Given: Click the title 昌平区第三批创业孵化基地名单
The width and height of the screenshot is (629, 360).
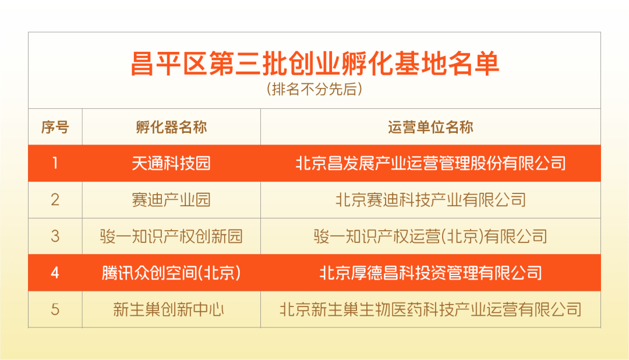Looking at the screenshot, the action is (x=315, y=64).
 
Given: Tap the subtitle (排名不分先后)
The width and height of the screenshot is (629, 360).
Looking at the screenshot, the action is (x=314, y=89).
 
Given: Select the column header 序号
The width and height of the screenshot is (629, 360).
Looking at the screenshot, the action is (x=55, y=127).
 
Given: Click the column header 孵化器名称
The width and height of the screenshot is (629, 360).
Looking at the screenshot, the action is (x=171, y=127).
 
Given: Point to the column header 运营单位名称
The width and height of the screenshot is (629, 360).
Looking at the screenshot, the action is (x=430, y=127).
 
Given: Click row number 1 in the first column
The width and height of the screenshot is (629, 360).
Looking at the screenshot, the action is (x=55, y=163).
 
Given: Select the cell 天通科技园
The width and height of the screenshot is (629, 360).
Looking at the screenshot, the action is (x=171, y=163).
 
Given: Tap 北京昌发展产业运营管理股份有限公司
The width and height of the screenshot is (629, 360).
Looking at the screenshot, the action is (x=430, y=163).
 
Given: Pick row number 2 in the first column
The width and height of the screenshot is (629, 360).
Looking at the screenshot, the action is (x=55, y=200).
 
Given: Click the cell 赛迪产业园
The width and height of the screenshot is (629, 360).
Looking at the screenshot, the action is (x=171, y=200).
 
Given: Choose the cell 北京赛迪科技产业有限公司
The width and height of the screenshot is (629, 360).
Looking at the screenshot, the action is (x=430, y=200).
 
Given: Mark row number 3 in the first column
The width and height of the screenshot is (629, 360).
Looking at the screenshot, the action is (x=55, y=237).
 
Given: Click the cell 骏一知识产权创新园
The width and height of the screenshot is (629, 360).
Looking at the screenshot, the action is (x=171, y=237).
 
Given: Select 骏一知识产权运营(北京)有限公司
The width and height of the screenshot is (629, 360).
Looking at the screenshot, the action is (x=430, y=237).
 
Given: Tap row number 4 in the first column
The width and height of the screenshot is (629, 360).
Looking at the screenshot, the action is (x=55, y=273).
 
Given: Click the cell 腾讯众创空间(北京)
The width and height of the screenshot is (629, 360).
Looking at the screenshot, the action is (x=171, y=273).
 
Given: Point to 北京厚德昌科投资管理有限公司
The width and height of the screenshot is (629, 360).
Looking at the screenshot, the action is (x=430, y=273).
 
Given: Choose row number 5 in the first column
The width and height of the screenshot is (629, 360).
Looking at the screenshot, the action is (x=55, y=309).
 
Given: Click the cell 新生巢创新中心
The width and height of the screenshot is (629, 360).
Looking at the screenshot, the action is (x=168, y=309).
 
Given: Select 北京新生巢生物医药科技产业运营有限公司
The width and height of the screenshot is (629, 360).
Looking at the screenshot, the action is (x=430, y=309).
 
